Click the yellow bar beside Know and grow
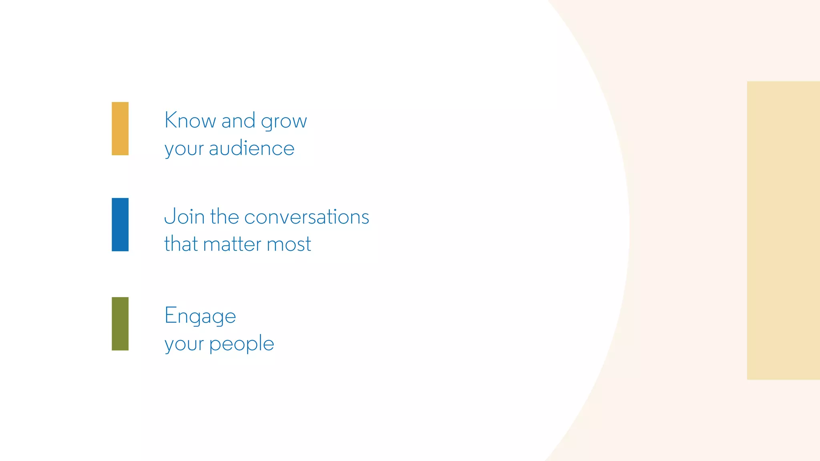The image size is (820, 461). tap(120, 128)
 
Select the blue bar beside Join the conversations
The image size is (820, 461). tap(120, 224)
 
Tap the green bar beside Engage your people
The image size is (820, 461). tap(120, 324)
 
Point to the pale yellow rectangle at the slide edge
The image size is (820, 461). tap(783, 230)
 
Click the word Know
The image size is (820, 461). tap(190, 120)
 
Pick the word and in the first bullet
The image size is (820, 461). tap(238, 120)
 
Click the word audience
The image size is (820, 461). tap(252, 148)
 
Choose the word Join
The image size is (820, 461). tap(185, 216)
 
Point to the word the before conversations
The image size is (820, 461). tap(224, 216)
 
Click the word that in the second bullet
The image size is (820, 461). tap(181, 244)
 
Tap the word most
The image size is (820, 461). tap(289, 244)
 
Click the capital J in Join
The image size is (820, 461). tap(169, 216)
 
